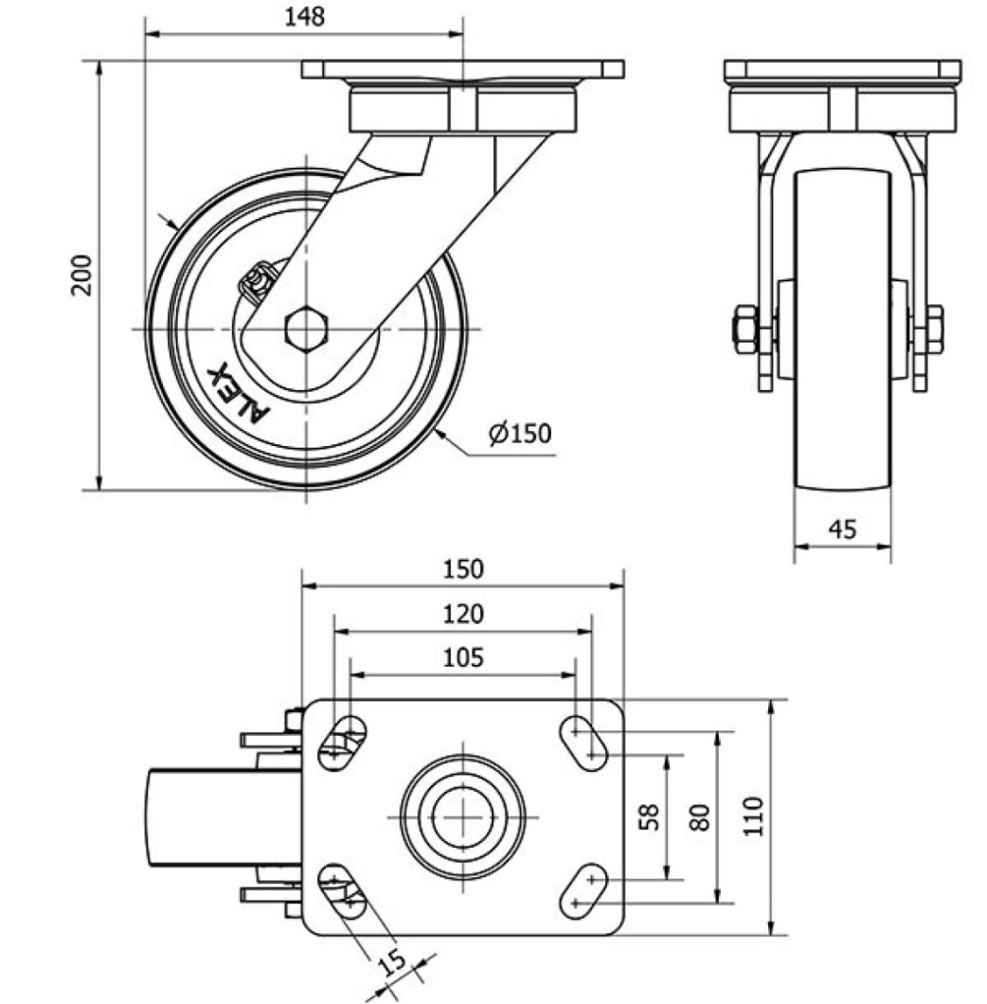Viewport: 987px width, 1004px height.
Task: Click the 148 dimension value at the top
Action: click(x=304, y=17)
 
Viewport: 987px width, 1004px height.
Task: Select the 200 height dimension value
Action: click(x=82, y=275)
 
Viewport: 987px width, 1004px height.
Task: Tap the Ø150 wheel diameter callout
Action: click(x=519, y=434)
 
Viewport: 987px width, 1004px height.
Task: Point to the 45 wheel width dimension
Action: click(x=842, y=529)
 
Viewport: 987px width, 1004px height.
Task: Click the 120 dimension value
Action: click(x=463, y=614)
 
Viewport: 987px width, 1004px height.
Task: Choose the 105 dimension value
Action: click(x=463, y=657)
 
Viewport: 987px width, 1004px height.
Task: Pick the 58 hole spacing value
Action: click(x=650, y=816)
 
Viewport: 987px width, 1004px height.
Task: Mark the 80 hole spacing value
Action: click(x=700, y=817)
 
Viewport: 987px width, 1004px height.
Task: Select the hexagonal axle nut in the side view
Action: click(x=306, y=329)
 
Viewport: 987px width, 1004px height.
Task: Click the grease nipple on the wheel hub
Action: click(x=258, y=282)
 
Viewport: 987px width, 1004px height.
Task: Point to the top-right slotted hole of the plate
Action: click(x=583, y=743)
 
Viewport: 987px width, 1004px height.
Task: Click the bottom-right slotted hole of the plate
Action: click(x=583, y=890)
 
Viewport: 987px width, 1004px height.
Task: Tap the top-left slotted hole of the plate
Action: click(x=342, y=743)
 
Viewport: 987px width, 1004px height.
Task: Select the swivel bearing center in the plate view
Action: click(x=462, y=816)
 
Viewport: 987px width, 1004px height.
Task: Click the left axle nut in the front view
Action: click(x=745, y=329)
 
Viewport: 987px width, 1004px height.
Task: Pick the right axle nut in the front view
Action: click(x=934, y=329)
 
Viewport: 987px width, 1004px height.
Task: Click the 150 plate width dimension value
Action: click(x=463, y=569)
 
